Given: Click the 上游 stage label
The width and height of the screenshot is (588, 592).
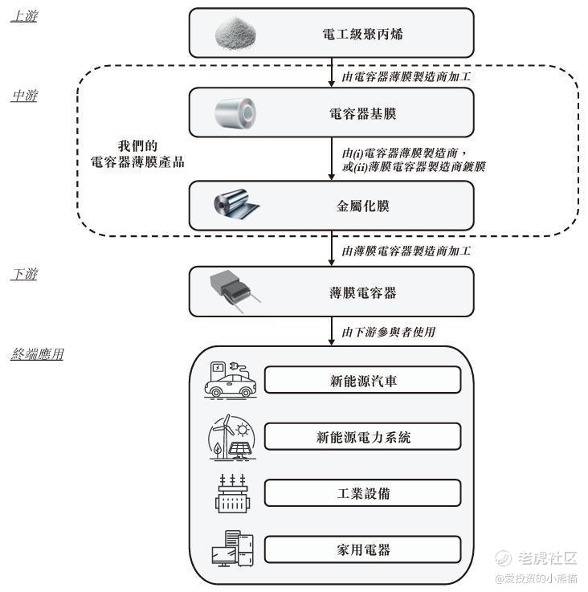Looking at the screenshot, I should tap(23, 16).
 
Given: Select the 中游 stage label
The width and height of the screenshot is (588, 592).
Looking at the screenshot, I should tap(24, 96).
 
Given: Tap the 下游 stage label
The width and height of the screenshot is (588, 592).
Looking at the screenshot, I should tap(24, 275).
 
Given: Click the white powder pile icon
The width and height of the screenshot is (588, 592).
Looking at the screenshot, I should tap(235, 33).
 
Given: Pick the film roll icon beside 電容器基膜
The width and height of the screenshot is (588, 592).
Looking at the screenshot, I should tap(235, 113).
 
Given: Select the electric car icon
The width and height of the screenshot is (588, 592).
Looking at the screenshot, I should tap(231, 379).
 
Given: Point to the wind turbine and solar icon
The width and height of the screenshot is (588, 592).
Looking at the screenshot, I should tap(230, 437).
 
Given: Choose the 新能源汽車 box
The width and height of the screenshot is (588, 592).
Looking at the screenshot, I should tap(362, 380).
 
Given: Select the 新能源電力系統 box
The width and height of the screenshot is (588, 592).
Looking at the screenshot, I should tap(362, 437).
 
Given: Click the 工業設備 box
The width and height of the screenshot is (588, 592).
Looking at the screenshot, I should tap(362, 492).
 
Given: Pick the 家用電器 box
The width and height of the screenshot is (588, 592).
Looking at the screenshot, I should tap(362, 550).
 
